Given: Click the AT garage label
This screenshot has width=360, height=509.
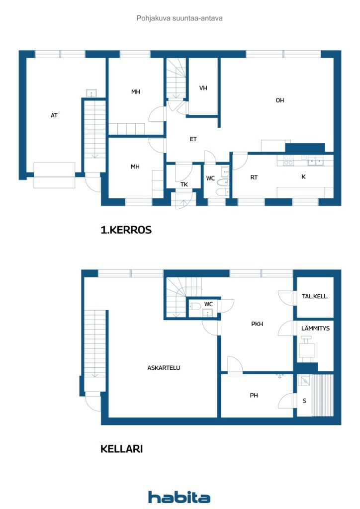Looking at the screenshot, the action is pyautogui.click(x=54, y=115).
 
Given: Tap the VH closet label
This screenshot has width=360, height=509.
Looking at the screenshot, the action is pyautogui.click(x=203, y=88).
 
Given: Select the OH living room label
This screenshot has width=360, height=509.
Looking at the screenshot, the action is pyautogui.click(x=280, y=100).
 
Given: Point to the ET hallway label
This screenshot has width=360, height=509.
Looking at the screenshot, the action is pyautogui.click(x=193, y=139).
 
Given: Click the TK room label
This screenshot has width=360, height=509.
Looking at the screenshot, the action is pyautogui.click(x=184, y=184).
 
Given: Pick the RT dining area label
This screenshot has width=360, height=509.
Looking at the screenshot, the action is pyautogui.click(x=254, y=177).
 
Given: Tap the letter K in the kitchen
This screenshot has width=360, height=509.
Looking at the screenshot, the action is pyautogui.click(x=303, y=176).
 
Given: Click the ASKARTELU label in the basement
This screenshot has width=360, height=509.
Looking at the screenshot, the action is pyautogui.click(x=164, y=368).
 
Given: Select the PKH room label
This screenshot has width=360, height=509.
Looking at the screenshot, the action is pyautogui.click(x=257, y=324).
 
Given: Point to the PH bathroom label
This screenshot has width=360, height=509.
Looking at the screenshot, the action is pyautogui.click(x=254, y=395).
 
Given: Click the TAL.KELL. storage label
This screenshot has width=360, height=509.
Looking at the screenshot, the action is pyautogui.click(x=315, y=296).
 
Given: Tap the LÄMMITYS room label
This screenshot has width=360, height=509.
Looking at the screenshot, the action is pyautogui.click(x=315, y=328).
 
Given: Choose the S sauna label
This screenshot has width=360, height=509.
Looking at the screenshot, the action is pyautogui.click(x=304, y=401).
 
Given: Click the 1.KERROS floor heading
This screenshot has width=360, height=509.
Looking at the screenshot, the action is pyautogui.click(x=126, y=230).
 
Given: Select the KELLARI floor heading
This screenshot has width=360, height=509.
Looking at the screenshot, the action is pyautogui.click(x=121, y=449).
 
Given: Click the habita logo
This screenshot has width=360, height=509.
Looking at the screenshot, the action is pyautogui.click(x=179, y=497).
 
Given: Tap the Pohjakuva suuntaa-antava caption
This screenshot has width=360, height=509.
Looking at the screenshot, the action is pyautogui.click(x=180, y=18).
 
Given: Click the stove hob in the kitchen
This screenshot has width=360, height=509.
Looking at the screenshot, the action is pyautogui.click(x=288, y=161).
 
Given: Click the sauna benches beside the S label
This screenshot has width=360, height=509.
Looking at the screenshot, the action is pyautogui.click(x=323, y=395).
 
